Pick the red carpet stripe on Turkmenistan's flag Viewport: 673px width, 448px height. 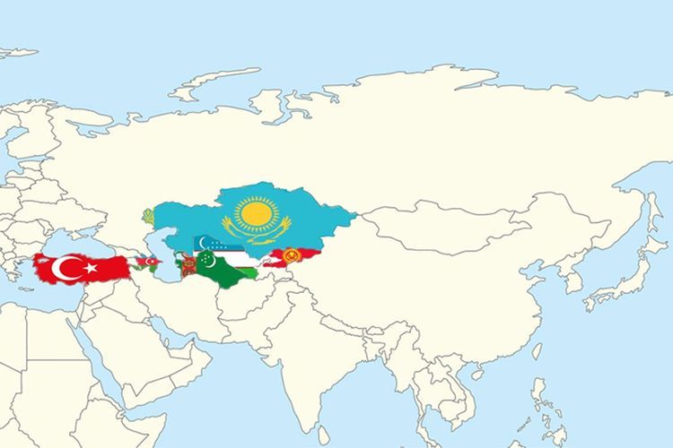[187, 263]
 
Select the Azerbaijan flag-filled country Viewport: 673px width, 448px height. [147, 262]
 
